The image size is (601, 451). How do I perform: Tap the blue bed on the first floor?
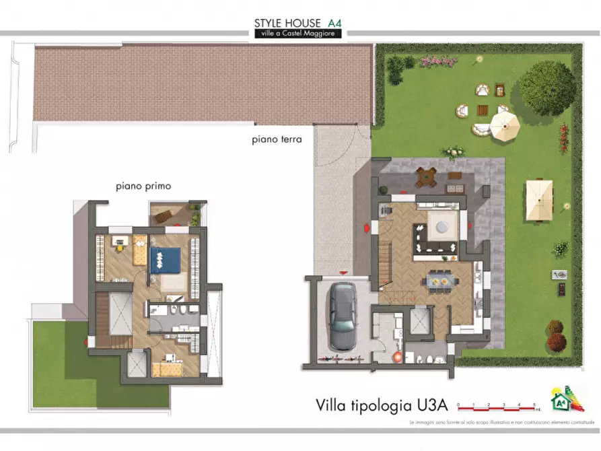pyautogui.click(x=165, y=260)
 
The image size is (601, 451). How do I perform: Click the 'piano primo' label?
pyautogui.click(x=143, y=185)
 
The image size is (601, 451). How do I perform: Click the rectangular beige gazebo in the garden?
pyautogui.click(x=539, y=200)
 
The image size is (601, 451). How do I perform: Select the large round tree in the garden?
pyautogui.click(x=547, y=88)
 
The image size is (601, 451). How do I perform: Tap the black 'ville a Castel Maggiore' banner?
pyautogui.click(x=298, y=33)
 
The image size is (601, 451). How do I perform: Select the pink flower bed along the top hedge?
pyautogui.click(x=438, y=62)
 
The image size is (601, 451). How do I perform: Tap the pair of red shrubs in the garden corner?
pyautogui.click(x=556, y=335)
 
